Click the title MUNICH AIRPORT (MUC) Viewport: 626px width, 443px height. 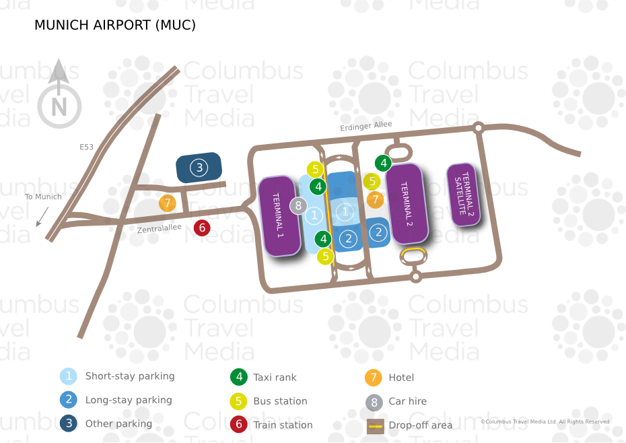[115, 25]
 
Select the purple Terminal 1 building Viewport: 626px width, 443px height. [279, 215]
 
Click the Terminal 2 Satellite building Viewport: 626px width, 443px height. [464, 194]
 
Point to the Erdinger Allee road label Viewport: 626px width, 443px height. [366, 125]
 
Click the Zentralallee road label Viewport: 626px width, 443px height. [160, 228]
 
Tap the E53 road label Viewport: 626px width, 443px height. [86, 147]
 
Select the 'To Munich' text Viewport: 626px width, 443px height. [43, 197]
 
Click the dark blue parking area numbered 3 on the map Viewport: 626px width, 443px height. [199, 168]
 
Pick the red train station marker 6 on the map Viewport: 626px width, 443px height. [202, 228]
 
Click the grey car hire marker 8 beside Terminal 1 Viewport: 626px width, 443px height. [298, 206]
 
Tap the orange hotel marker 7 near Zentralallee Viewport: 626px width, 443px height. [168, 203]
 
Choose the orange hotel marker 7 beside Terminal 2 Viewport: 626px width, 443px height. [376, 199]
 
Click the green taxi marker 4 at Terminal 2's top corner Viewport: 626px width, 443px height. [383, 163]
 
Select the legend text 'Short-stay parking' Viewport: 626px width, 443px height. [130, 376]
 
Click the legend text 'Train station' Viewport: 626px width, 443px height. [283, 425]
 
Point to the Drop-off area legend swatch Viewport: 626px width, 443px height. [376, 426]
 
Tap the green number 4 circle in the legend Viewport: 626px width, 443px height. [239, 377]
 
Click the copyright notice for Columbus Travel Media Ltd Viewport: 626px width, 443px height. [545, 421]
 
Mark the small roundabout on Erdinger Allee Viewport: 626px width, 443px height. [479, 128]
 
